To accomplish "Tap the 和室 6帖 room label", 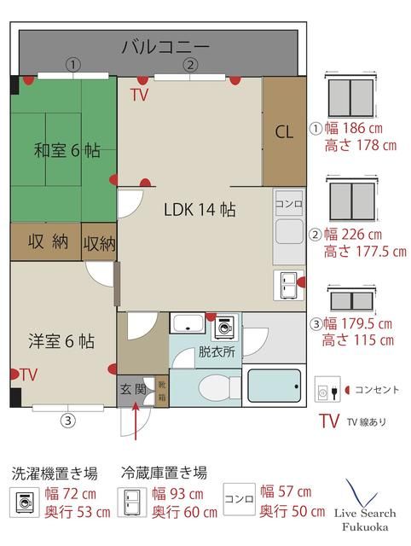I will tap(67, 150).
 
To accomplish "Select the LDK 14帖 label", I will tap(200, 209).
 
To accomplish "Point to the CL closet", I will tap(284, 132).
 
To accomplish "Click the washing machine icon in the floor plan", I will tap(225, 325).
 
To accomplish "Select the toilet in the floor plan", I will tap(204, 389).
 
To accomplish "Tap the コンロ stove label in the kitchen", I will tap(287, 205).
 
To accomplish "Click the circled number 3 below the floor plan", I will tap(67, 419).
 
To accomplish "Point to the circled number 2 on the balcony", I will tap(191, 64).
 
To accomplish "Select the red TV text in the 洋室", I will tap(29, 374).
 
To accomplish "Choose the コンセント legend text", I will tap(377, 390).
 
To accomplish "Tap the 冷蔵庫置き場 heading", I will tap(165, 473).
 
